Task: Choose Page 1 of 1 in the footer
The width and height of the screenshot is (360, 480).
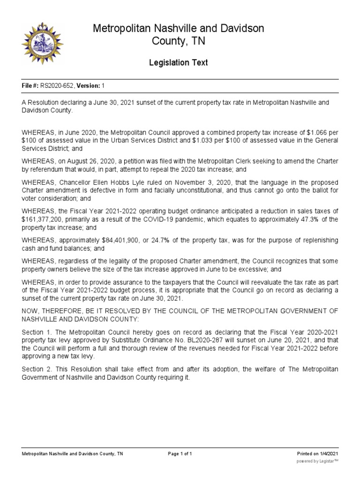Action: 180,454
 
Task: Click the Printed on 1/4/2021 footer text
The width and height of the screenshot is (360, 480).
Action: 317,454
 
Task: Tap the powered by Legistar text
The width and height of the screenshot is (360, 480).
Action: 317,461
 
